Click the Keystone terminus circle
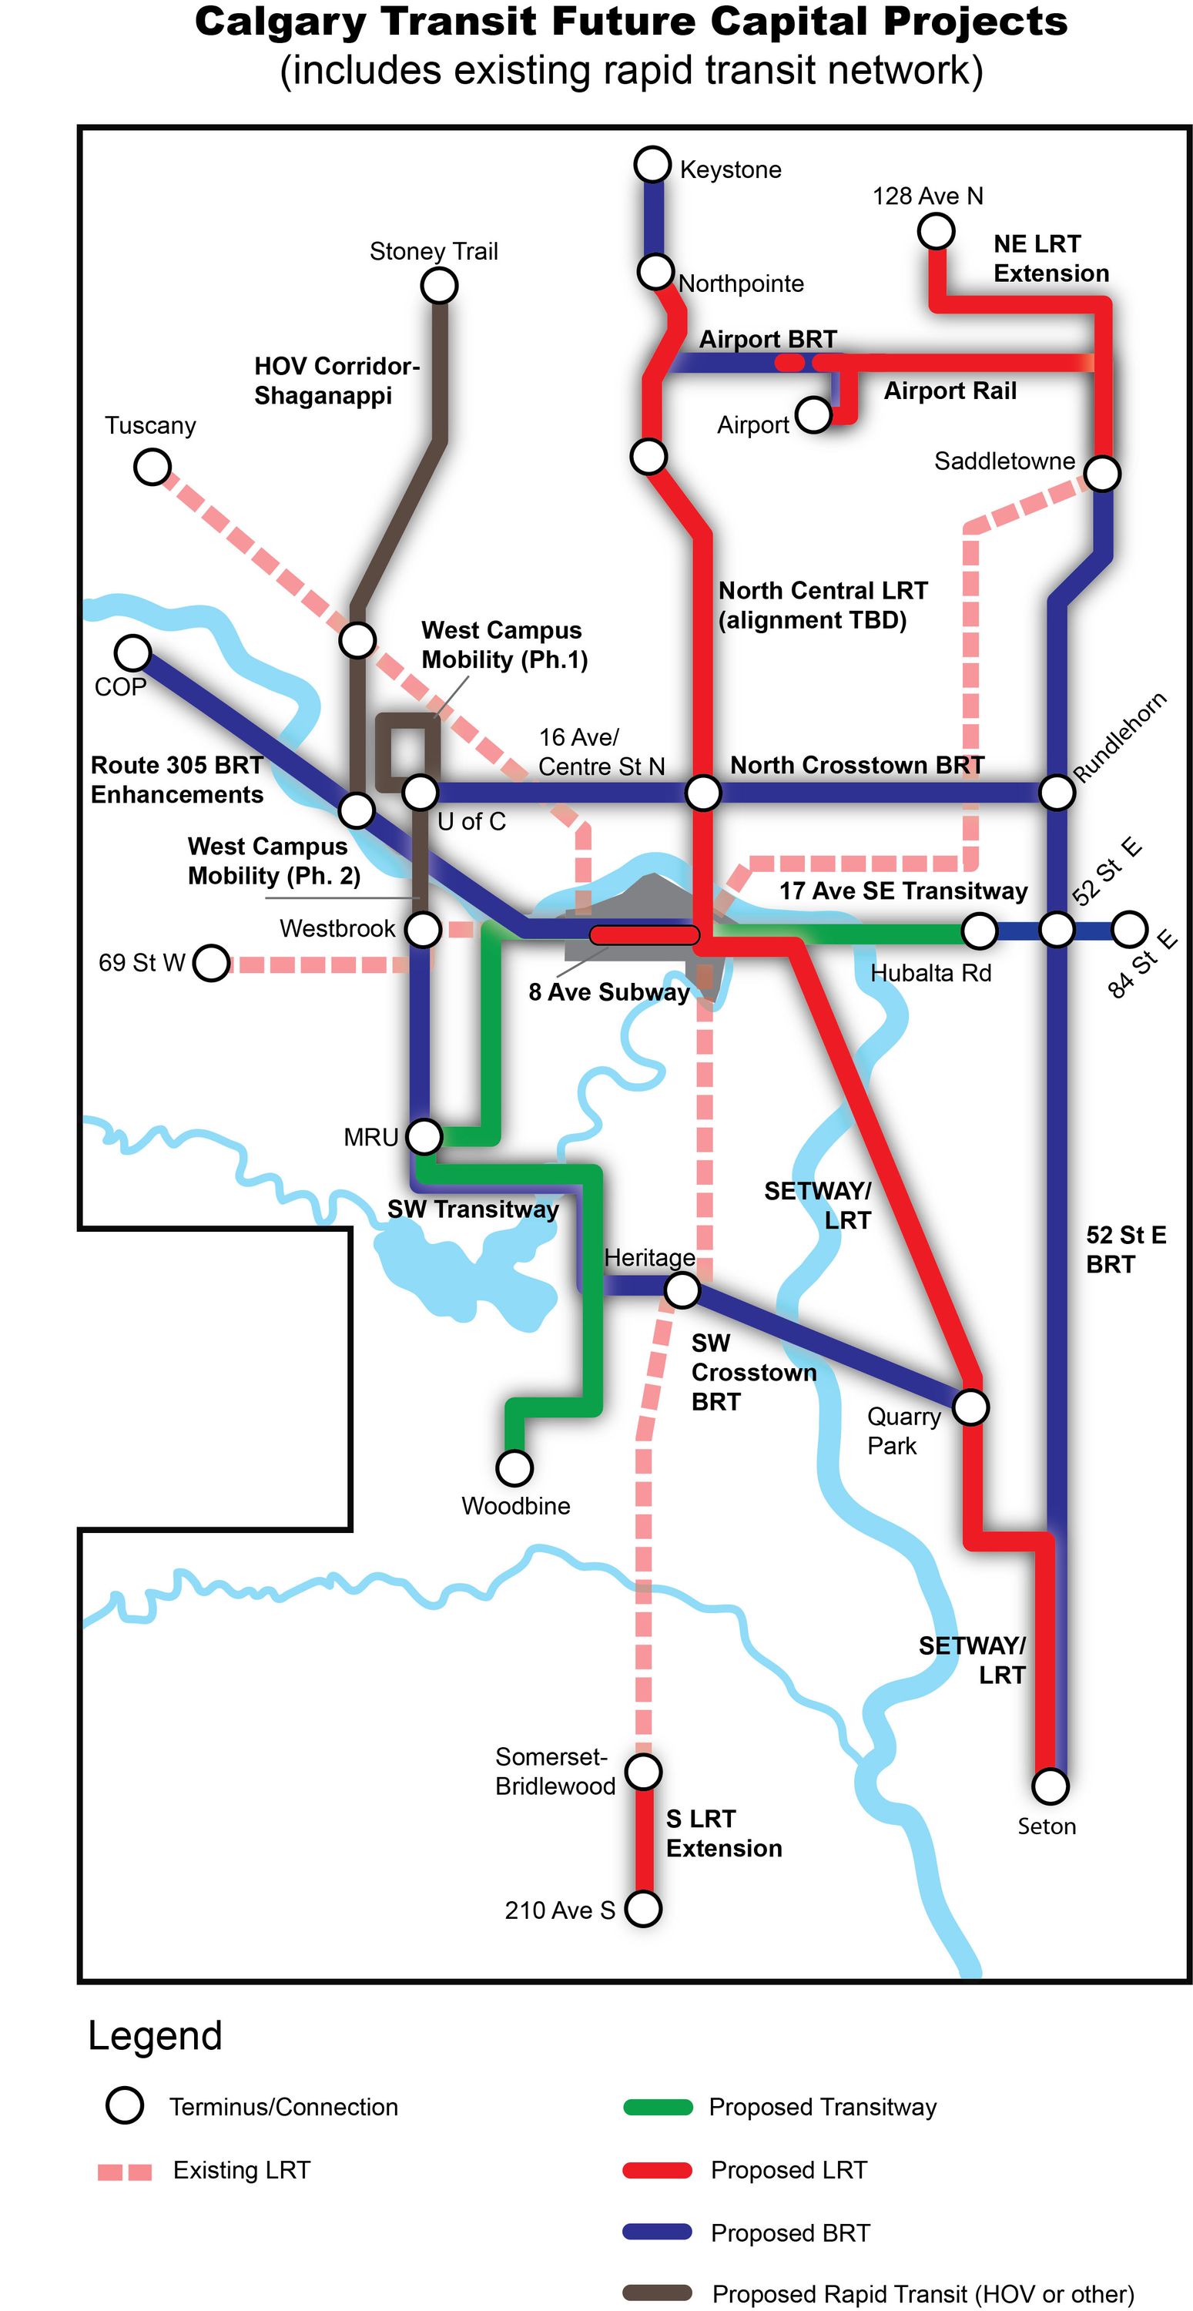coord(652,164)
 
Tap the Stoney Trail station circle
coord(440,287)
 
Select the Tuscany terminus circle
coord(152,467)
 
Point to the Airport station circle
coord(813,414)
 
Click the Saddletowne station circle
coord(1102,473)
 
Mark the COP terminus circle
coord(132,652)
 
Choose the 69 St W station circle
coord(212,964)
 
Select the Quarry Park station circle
coord(970,1407)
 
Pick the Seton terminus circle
coord(1051,1786)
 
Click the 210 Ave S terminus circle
coord(643,1908)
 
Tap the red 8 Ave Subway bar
coord(644,935)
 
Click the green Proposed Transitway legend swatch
coord(658,2106)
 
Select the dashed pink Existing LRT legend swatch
coord(125,2171)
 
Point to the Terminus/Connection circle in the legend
coord(125,2105)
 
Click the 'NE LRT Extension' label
coord(1051,258)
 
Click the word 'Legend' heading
coord(154,2035)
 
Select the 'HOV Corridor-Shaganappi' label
coord(336,381)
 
